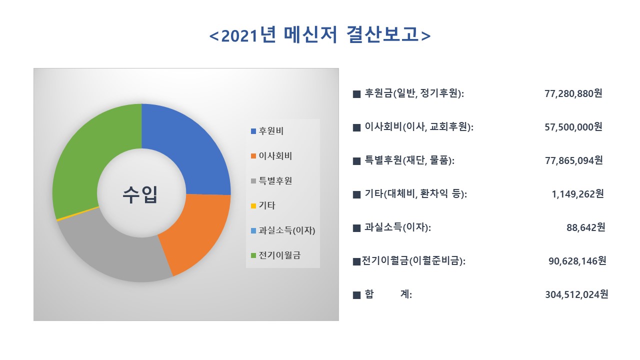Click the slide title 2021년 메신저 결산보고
[x=320, y=35]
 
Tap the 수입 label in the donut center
[x=140, y=194]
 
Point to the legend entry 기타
[x=266, y=205]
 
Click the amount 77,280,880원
[x=573, y=93]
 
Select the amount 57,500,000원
[x=573, y=127]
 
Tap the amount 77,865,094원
[x=573, y=160]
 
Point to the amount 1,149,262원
[x=577, y=194]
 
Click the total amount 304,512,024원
[x=576, y=294]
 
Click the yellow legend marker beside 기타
[x=253, y=206]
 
